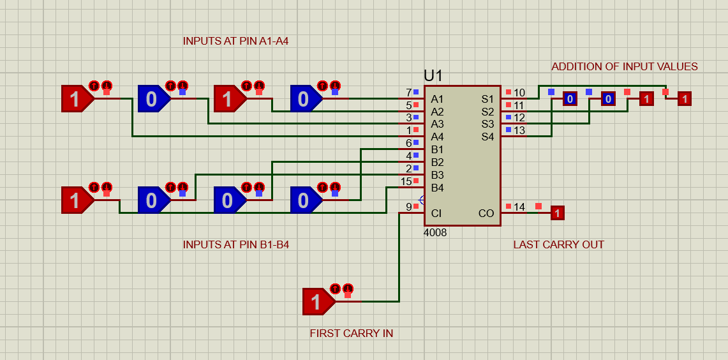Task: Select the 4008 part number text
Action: [435, 233]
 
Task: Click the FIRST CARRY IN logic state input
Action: [318, 301]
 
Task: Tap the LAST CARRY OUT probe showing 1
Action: [557, 213]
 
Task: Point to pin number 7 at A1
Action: [408, 93]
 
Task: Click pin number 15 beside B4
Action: [406, 182]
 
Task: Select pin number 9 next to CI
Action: [408, 207]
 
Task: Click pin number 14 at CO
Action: [519, 207]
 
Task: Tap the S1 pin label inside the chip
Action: [487, 99]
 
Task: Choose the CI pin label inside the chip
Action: [436, 213]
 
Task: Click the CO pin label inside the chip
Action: [486, 213]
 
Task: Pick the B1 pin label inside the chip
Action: [437, 149]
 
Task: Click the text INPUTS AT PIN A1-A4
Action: [232, 41]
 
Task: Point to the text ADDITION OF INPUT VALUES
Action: [625, 66]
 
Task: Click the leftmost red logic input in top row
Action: [76, 99]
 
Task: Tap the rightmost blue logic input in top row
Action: [304, 99]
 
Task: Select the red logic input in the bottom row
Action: [76, 200]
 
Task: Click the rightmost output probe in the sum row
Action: [684, 99]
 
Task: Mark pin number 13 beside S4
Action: [519, 131]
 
